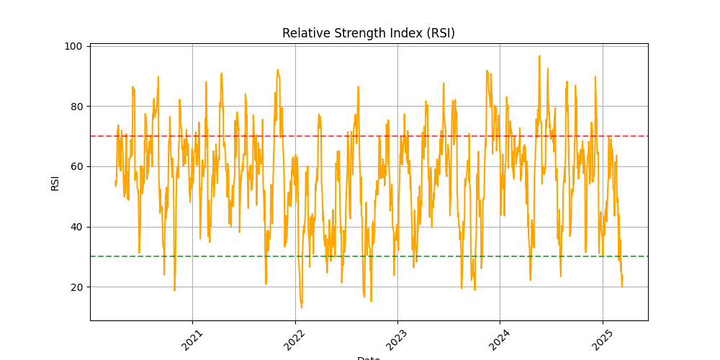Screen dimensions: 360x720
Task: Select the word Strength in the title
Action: pyautogui.click(x=351, y=33)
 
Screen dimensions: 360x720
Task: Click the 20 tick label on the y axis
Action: pyautogui.click(x=77, y=287)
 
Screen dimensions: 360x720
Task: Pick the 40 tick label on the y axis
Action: pyautogui.click(x=77, y=227)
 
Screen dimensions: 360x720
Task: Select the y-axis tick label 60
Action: pyautogui.click(x=77, y=166)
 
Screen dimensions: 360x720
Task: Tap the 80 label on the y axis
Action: pyautogui.click(x=77, y=107)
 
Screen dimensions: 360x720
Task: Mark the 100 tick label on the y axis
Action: pyautogui.click(x=74, y=46)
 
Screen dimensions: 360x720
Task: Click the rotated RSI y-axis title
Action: pyautogui.click(x=55, y=183)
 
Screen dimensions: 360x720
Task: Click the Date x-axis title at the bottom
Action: pyautogui.click(x=369, y=357)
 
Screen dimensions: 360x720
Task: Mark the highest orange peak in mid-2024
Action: pyautogui.click(x=539, y=56)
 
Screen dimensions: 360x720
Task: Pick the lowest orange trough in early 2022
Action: pyautogui.click(x=301, y=307)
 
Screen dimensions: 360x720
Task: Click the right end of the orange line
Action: pyautogui.click(x=622, y=286)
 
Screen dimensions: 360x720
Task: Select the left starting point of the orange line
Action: pyautogui.click(x=115, y=186)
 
